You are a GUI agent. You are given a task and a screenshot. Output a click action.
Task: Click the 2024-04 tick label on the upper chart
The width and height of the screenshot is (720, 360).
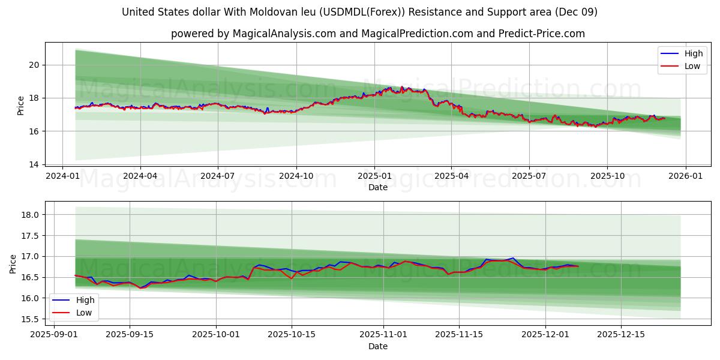140,176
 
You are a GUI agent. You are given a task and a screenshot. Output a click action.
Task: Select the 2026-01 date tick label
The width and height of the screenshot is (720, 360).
685,176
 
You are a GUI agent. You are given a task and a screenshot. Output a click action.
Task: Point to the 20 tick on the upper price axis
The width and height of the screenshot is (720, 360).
34,65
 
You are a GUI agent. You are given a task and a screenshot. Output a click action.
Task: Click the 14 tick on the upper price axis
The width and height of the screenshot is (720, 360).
34,164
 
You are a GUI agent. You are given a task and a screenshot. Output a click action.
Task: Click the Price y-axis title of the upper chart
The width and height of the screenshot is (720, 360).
21,106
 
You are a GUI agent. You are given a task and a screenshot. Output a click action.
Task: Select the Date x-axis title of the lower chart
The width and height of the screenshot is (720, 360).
378,346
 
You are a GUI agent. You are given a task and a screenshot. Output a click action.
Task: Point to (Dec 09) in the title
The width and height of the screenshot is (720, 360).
577,12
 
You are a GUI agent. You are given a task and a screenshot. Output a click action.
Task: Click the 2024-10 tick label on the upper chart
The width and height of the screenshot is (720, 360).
296,176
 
